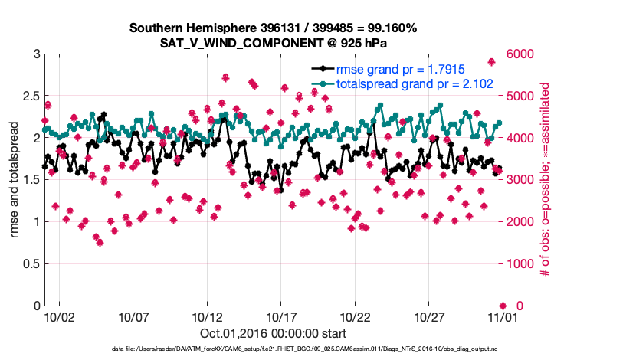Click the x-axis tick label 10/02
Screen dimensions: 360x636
tap(59, 316)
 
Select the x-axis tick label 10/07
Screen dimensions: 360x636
tap(133, 316)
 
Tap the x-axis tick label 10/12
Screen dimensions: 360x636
tap(207, 316)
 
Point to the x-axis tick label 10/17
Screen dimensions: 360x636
tap(280, 316)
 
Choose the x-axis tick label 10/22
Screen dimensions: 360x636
tap(355, 316)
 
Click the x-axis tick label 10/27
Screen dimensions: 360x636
tap(428, 316)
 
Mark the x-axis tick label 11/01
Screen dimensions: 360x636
tap(502, 316)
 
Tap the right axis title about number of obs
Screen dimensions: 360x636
tap(546, 180)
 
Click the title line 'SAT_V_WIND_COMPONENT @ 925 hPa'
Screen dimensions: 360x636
tap(274, 43)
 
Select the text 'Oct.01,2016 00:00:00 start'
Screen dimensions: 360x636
tap(272, 333)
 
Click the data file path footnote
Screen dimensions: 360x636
tap(315, 349)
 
